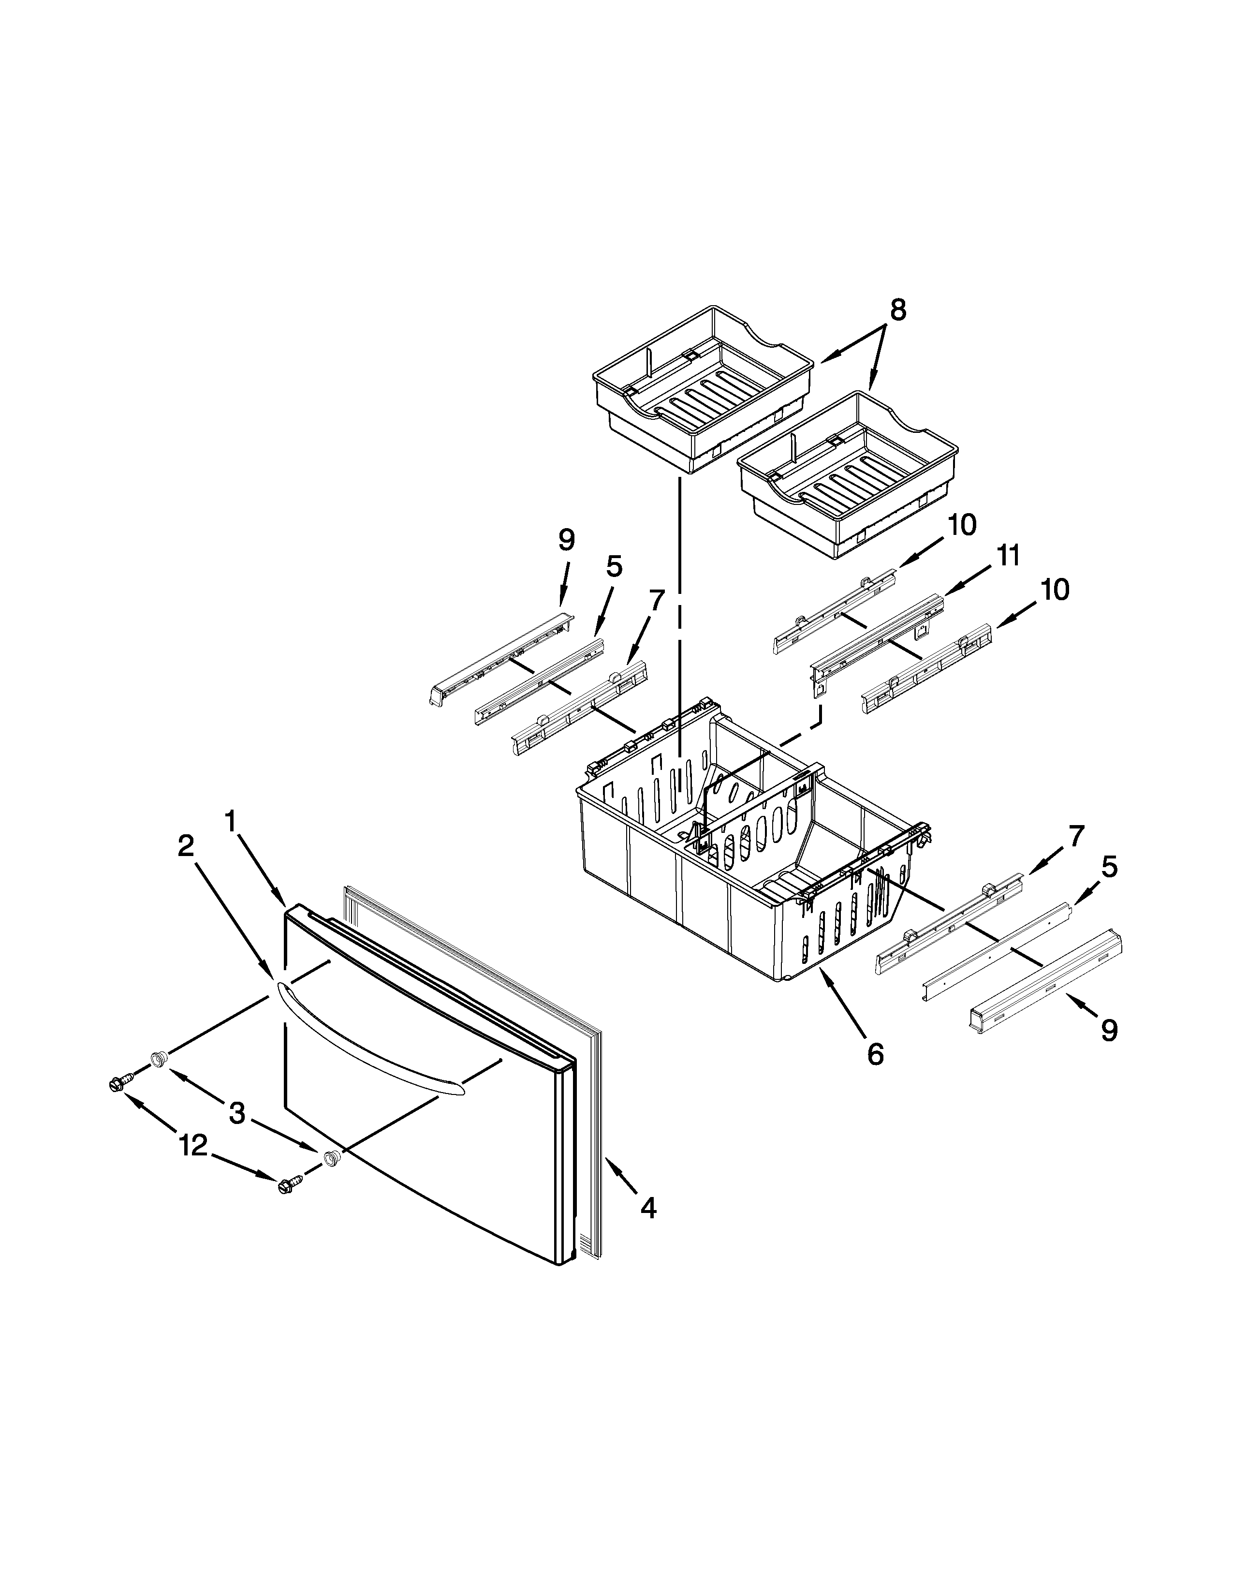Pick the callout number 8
click(x=898, y=310)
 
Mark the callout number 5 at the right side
click(x=1109, y=868)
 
